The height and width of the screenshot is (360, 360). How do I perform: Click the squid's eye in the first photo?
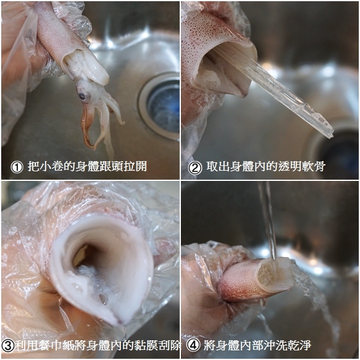click(x=82, y=96)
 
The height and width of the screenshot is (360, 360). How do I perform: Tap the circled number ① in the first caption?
click(x=17, y=167)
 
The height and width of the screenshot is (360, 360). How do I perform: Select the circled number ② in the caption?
click(x=195, y=168)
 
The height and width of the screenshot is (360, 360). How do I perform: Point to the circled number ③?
click(x=8, y=346)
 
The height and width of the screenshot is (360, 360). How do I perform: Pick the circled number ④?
click(x=193, y=345)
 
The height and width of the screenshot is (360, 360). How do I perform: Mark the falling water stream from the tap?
click(x=268, y=221)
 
